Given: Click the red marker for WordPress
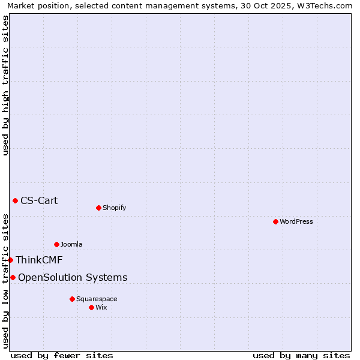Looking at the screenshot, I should coord(275,221).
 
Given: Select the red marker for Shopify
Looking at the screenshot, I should coord(98,208).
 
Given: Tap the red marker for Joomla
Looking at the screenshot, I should coord(56,244).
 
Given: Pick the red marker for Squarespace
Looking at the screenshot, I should coord(72,299).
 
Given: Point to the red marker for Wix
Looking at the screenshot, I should coord(91,307).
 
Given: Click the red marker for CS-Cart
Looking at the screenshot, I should coord(15,200).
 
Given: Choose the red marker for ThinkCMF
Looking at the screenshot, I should coord(10,260).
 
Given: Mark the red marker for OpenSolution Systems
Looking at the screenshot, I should coord(13,277).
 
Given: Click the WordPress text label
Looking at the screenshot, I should coord(296,221).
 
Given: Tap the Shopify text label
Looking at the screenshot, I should coord(114,208).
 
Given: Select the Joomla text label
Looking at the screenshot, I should coord(71,244).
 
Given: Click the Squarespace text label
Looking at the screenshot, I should coord(97,299).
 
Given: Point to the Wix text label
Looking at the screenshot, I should coord(101,307).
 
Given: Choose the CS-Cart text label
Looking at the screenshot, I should coord(39,200).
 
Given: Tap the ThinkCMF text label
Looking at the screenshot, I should coord(39,260).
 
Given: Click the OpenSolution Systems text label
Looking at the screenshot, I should coord(73,277).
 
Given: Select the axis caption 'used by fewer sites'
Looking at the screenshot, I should coord(62,355).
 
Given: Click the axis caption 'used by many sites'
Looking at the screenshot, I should coord(301,355).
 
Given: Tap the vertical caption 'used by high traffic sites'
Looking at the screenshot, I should coord(5,85).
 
